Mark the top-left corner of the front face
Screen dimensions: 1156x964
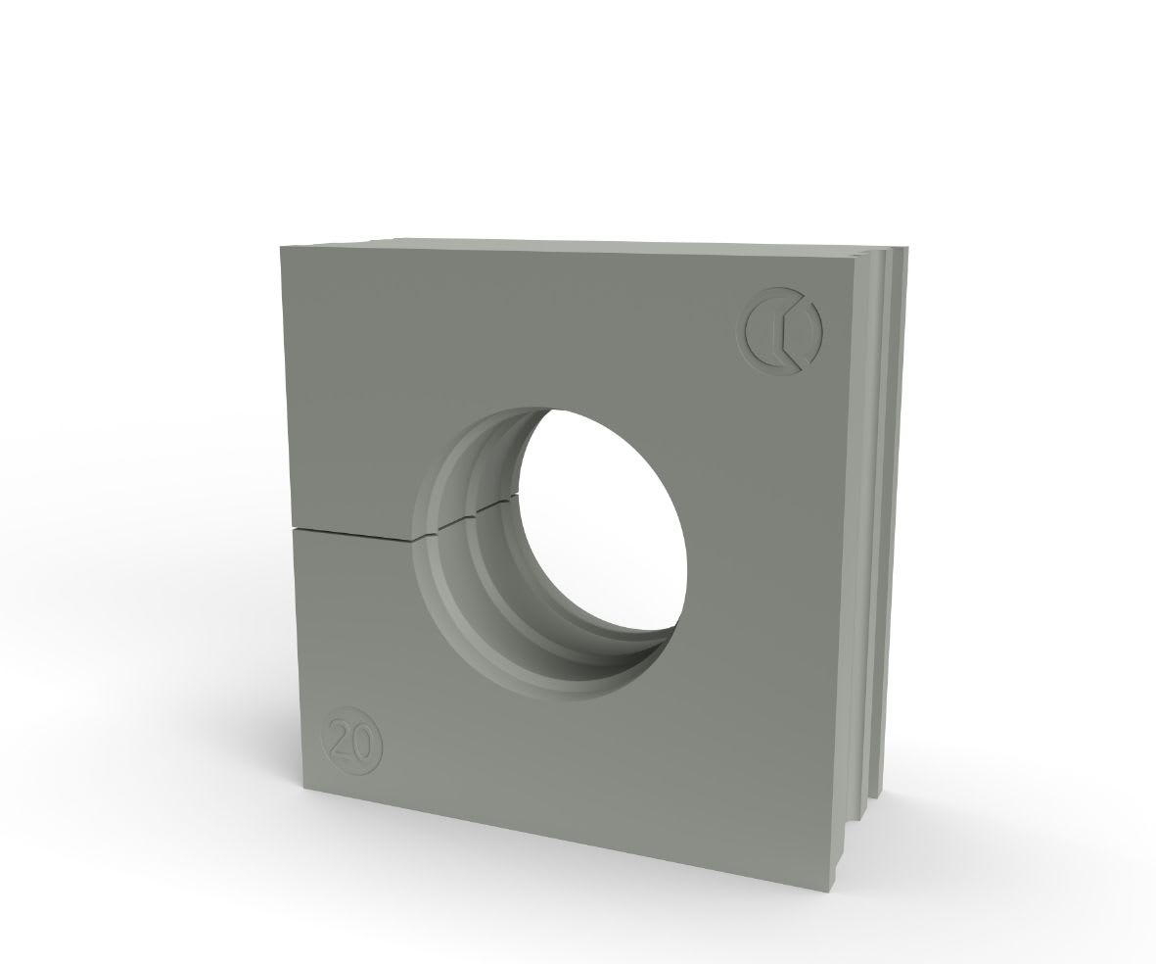point(281,247)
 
